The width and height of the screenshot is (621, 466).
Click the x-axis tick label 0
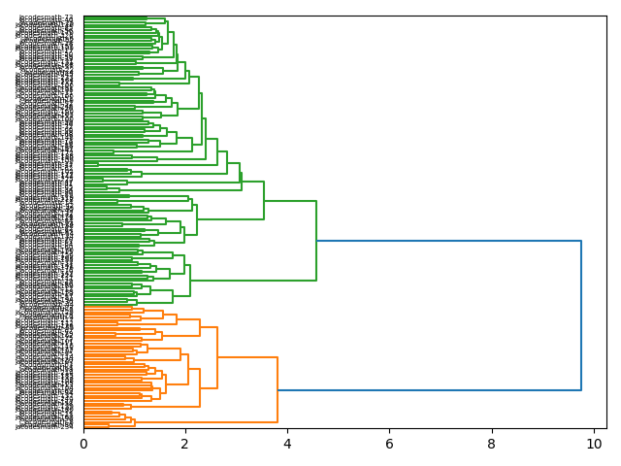(83, 444)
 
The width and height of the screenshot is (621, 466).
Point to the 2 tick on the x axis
(185, 444)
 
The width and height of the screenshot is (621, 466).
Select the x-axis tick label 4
(287, 444)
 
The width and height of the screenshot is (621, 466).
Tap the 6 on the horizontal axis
(389, 444)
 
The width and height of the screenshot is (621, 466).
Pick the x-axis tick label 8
(492, 444)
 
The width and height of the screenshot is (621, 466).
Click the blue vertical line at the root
(581, 316)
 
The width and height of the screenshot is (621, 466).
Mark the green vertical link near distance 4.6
(316, 241)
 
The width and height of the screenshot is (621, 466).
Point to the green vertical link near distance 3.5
(264, 201)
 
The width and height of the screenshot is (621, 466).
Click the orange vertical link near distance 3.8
(278, 389)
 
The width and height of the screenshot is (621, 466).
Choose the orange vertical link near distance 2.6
(217, 357)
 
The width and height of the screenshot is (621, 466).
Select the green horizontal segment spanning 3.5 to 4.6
(290, 201)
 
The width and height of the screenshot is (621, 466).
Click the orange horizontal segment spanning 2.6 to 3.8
(247, 357)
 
